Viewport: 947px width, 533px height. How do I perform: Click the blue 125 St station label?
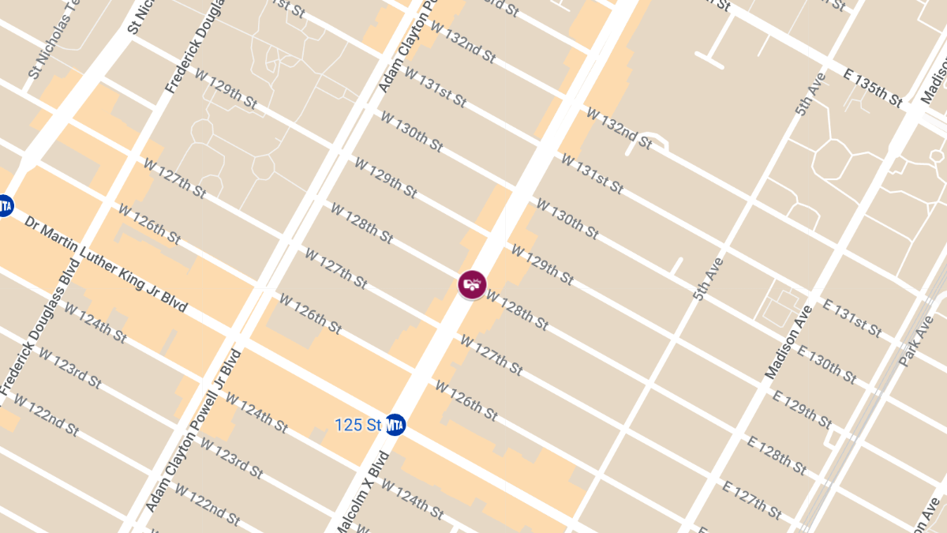tap(357, 425)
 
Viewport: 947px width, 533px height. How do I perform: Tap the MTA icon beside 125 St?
tap(395, 425)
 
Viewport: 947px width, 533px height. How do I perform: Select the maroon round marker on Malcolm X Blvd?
tap(472, 284)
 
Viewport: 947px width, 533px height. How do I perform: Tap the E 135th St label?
tap(873, 87)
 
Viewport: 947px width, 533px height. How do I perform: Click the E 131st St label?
tap(852, 318)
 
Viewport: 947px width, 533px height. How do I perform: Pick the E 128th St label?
tap(777, 456)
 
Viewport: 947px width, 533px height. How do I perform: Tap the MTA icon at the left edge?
tap(4, 205)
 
